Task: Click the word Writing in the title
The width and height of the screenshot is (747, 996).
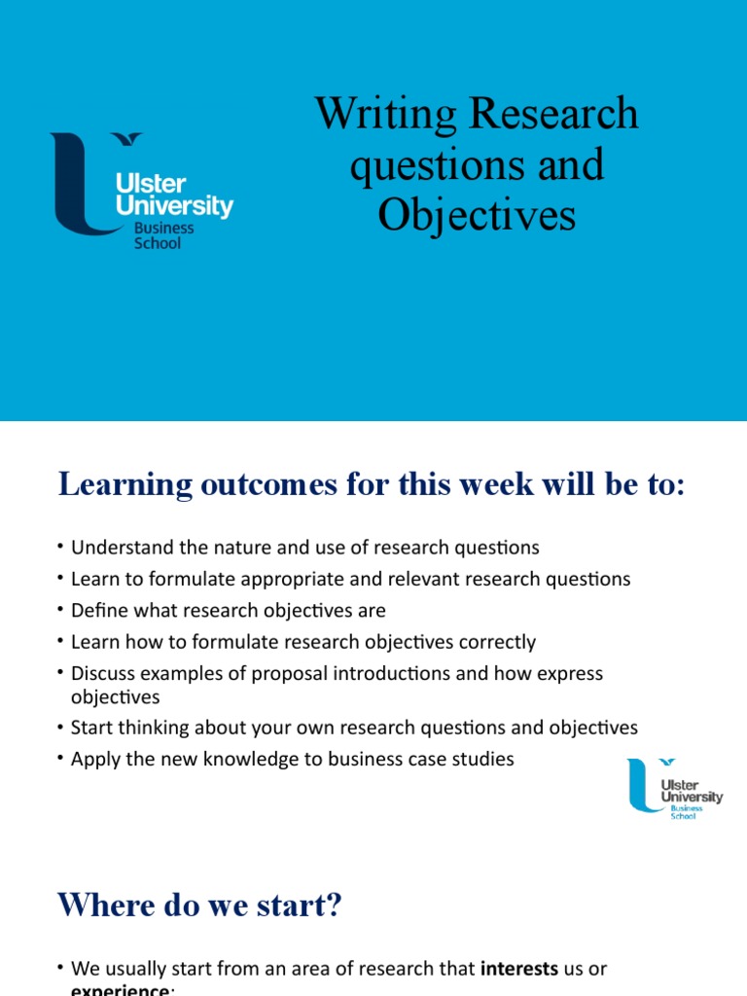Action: (x=385, y=115)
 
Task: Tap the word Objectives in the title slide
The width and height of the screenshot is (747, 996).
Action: (x=477, y=215)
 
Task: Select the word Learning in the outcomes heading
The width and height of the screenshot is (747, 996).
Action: (x=116, y=483)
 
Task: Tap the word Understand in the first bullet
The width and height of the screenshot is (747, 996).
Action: (x=117, y=548)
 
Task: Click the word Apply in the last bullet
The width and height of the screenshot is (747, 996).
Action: (x=94, y=759)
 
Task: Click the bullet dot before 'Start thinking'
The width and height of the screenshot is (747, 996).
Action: (x=61, y=728)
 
